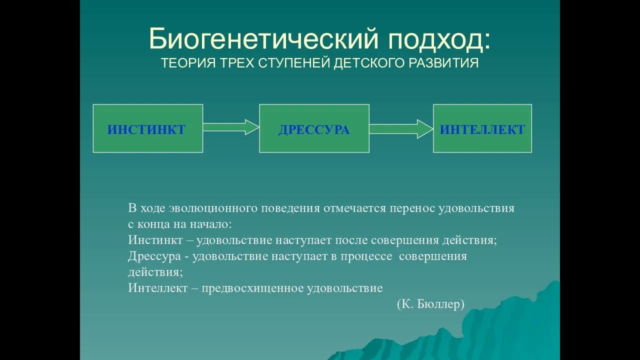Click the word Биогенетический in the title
[263, 39]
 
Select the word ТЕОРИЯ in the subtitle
[188, 63]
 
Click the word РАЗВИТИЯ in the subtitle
[443, 63]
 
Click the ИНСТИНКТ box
[148, 128]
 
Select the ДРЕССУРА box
[314, 128]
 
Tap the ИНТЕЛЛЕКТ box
[482, 128]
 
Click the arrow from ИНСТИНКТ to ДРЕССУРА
[231, 127]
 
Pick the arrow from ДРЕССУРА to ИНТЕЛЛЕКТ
[401, 129]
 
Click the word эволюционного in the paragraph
[213, 208]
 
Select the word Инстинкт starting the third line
[155, 240]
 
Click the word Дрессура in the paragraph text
[154, 257]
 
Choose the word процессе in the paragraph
[366, 257]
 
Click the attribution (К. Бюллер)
[430, 304]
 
